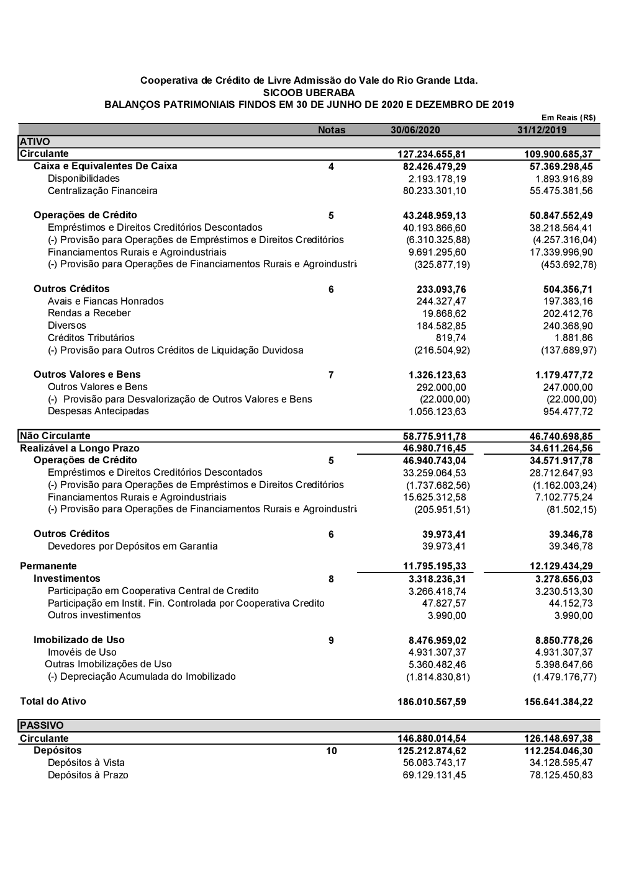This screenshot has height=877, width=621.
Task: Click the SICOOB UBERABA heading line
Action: (x=309, y=92)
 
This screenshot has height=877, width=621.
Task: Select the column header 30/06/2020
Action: (x=415, y=130)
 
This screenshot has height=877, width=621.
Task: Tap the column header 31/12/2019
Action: (x=542, y=130)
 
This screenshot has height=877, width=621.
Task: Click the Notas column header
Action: (x=332, y=130)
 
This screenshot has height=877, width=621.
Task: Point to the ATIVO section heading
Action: (x=35, y=142)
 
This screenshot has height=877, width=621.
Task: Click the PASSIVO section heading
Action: (x=42, y=726)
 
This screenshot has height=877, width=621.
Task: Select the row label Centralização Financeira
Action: (x=102, y=191)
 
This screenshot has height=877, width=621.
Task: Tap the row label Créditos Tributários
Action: (x=91, y=338)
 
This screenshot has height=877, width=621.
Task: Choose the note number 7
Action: (x=331, y=375)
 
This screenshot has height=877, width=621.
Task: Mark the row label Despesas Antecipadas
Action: (x=98, y=411)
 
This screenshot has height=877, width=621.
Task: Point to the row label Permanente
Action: (x=48, y=566)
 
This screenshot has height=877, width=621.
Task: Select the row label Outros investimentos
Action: (x=94, y=615)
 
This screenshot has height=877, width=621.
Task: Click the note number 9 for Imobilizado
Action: (x=331, y=640)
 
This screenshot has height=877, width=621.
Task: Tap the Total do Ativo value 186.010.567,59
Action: (x=432, y=702)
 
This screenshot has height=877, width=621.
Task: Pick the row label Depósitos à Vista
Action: (x=86, y=763)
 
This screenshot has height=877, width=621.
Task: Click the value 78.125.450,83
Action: (x=557, y=775)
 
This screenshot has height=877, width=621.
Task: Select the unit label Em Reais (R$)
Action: (x=568, y=117)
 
